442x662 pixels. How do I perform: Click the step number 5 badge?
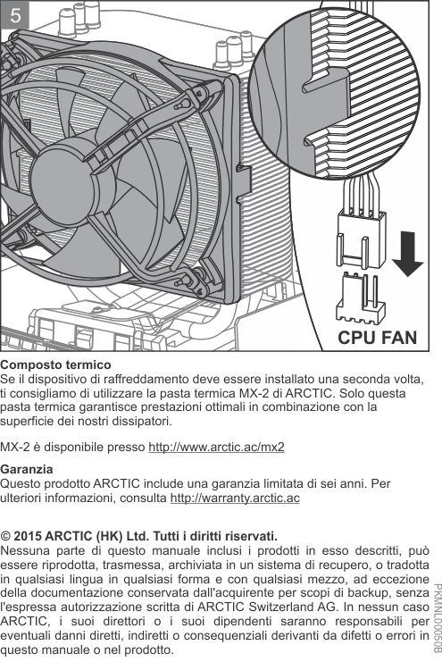(x=15, y=15)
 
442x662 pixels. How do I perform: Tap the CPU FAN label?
(x=377, y=338)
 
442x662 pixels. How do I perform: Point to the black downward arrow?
(x=407, y=255)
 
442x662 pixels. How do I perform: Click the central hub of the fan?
(x=62, y=180)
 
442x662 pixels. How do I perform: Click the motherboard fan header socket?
(x=360, y=297)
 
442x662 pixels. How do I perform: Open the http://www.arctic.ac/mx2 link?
(x=216, y=447)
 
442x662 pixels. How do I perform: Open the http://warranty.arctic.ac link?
(x=235, y=498)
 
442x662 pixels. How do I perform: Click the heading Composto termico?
(x=55, y=365)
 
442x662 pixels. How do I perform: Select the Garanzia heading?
(x=27, y=470)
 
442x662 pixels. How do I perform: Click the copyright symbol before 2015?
(x=5, y=537)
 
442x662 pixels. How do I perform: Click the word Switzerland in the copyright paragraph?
(x=280, y=608)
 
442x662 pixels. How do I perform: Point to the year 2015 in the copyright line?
(x=28, y=537)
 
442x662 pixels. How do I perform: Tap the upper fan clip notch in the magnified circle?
(x=326, y=82)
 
